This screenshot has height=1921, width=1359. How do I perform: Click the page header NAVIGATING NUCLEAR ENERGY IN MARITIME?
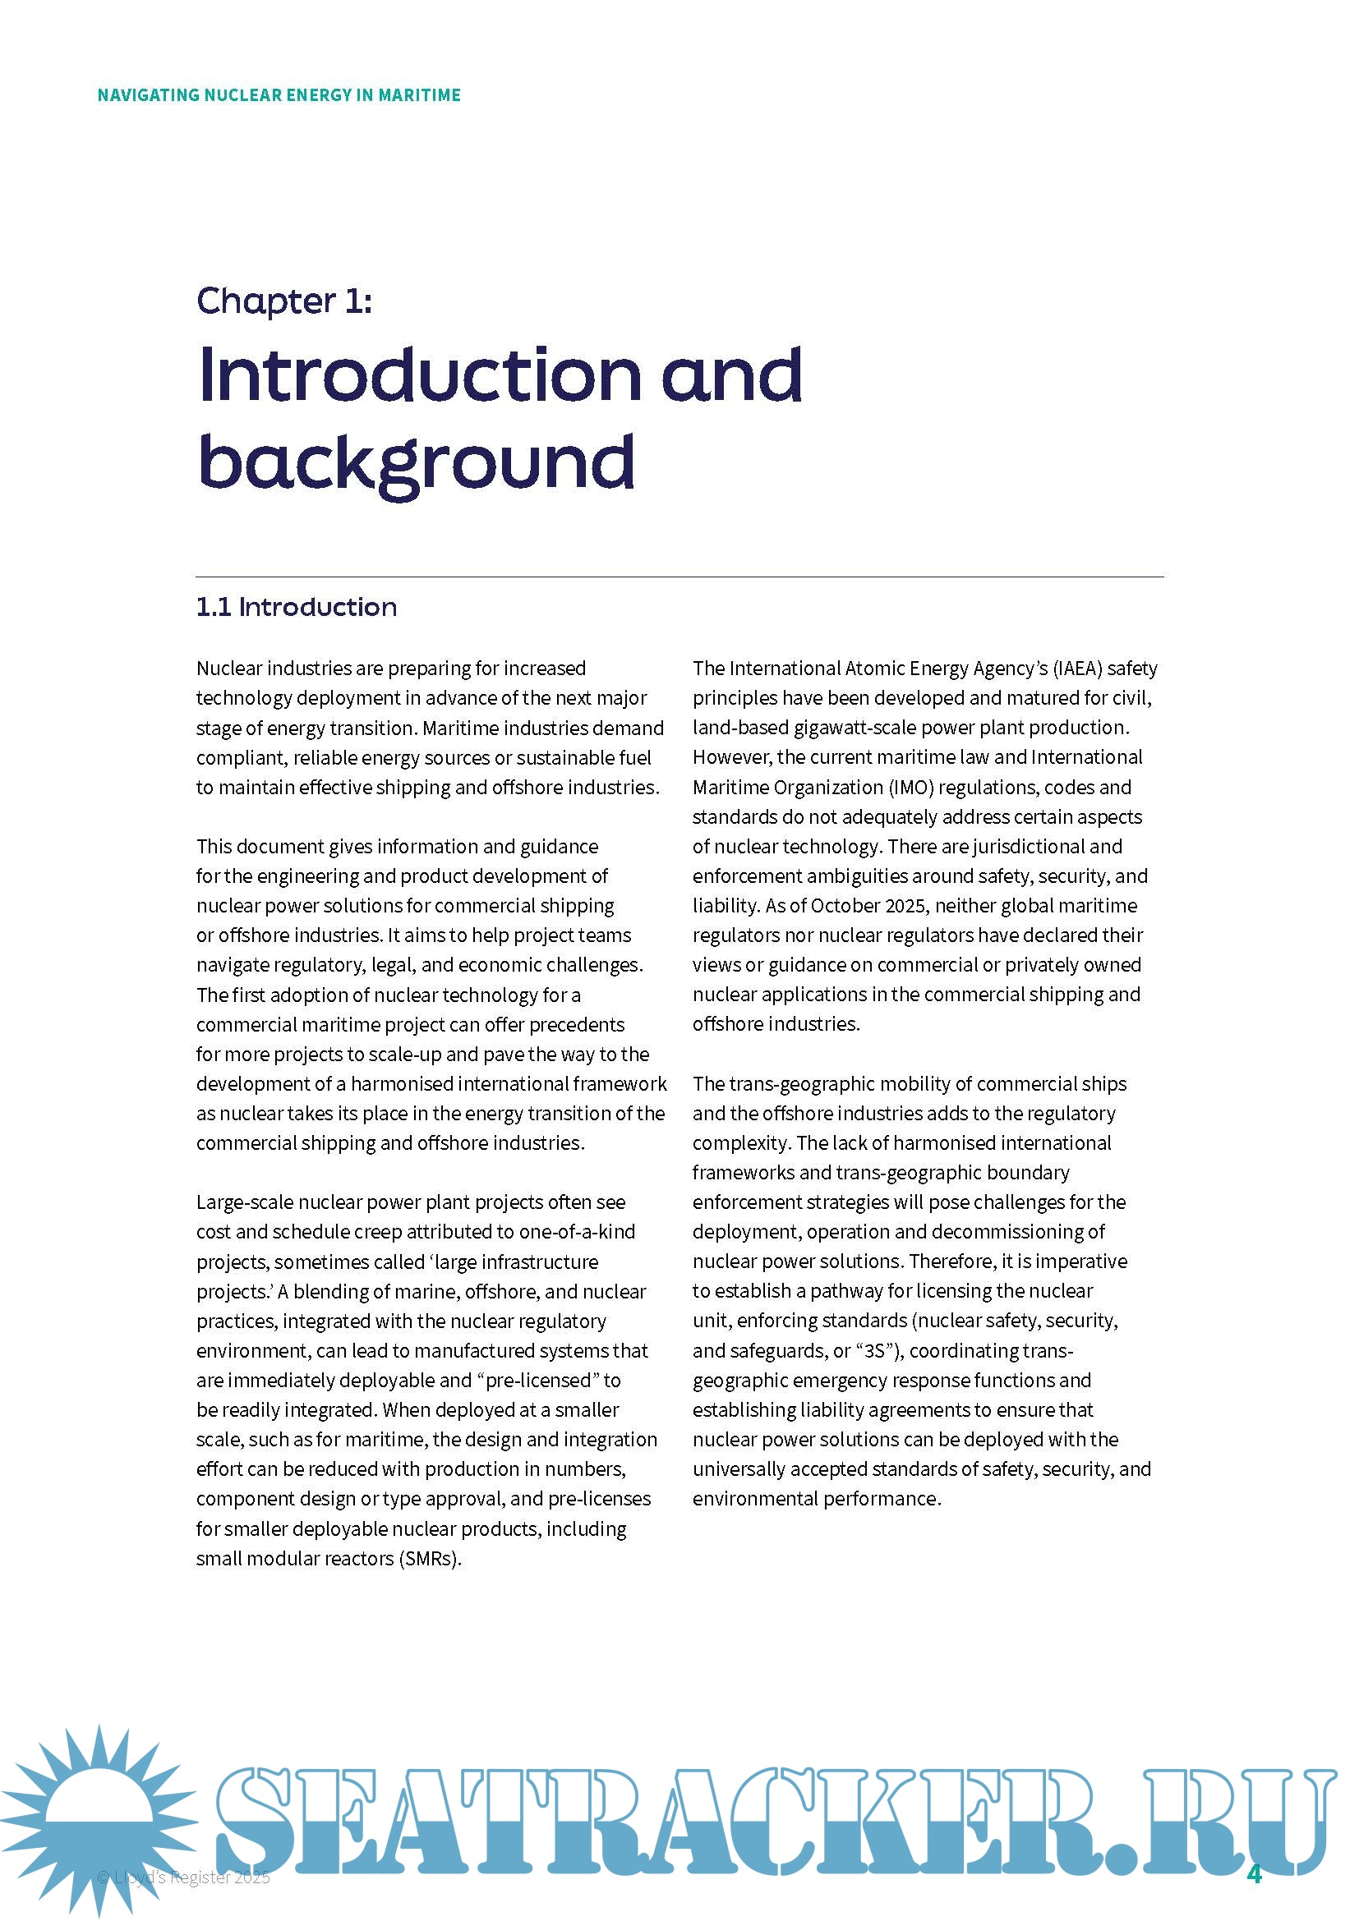pyautogui.click(x=279, y=94)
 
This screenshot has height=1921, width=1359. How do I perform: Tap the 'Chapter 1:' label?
pyautogui.click(x=284, y=301)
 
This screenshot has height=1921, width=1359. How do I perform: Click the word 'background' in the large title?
pyautogui.click(x=416, y=462)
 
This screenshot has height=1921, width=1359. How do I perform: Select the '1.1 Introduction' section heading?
pyautogui.click(x=297, y=608)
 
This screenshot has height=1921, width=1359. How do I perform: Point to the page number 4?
pyautogui.click(x=1254, y=1873)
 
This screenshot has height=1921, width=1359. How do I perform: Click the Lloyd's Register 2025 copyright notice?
pyautogui.click(x=184, y=1877)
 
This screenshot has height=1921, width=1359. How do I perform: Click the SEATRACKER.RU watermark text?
pyautogui.click(x=770, y=1820)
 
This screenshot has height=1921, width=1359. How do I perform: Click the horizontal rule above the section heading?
pyautogui.click(x=679, y=577)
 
